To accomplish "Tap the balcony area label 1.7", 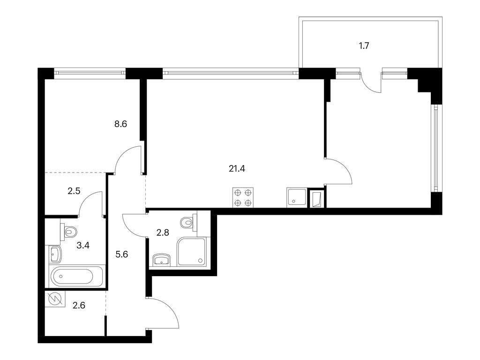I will click(x=364, y=46).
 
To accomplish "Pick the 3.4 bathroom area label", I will click(x=83, y=244).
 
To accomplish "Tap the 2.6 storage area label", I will click(x=79, y=306).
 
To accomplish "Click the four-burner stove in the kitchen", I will click(x=243, y=197).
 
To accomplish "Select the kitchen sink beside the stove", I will click(x=296, y=197).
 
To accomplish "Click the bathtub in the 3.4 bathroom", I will click(x=76, y=277).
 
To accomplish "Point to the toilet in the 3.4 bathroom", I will click(x=69, y=230).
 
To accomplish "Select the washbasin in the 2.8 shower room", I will click(x=162, y=260).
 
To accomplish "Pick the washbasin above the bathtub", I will click(x=54, y=255).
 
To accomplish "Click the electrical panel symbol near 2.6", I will click(x=55, y=299).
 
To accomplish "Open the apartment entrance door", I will click(x=164, y=314).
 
